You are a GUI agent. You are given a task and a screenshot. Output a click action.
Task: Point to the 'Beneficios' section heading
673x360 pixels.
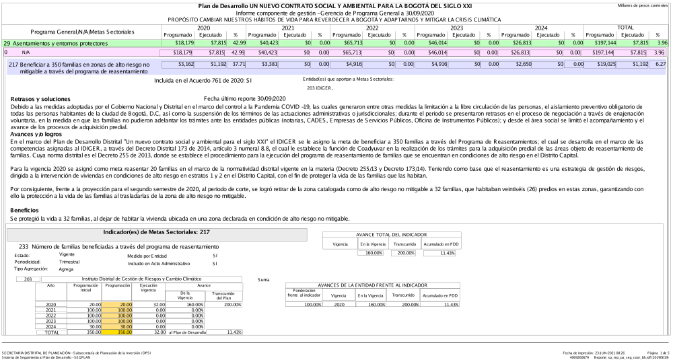point(25,211)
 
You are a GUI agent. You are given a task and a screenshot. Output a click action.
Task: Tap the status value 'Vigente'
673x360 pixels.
point(67,255)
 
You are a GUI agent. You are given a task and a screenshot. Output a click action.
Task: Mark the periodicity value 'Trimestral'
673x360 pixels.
point(70,261)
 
